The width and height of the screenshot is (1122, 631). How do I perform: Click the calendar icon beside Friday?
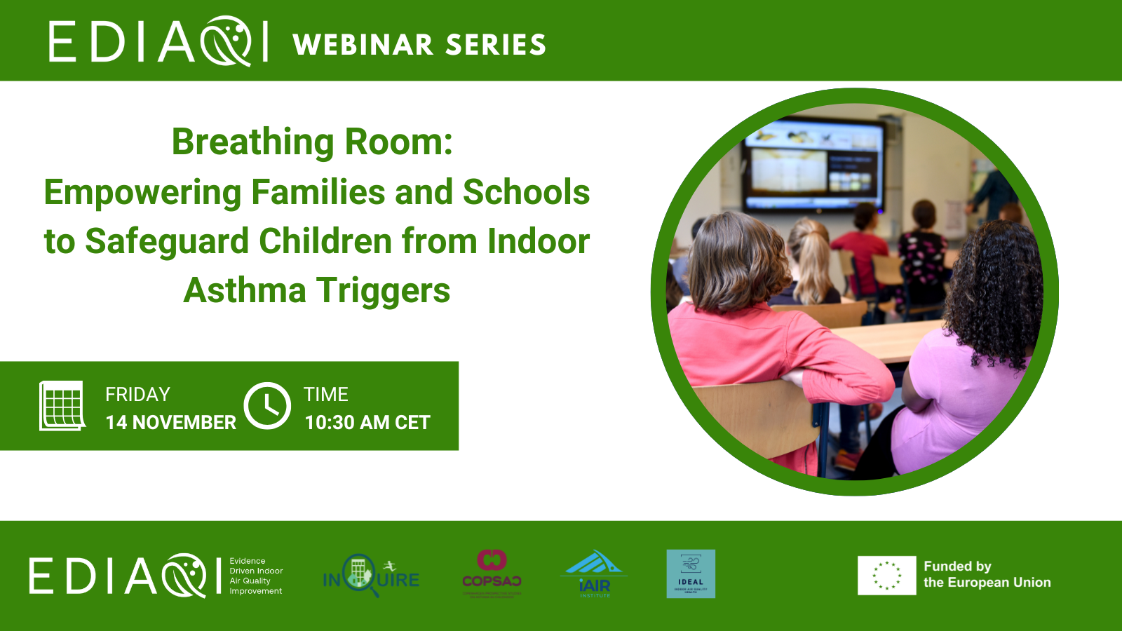coord(62,405)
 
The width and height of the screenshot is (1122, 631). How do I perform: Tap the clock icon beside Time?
coord(267,405)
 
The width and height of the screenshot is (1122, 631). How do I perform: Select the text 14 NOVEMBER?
coord(170,422)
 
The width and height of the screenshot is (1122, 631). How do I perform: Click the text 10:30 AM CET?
coord(367,422)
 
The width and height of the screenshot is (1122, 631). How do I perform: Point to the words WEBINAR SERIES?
coord(419,45)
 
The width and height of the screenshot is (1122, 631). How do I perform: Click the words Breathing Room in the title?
coord(312,142)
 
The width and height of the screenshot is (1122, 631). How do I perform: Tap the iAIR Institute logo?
coord(594,574)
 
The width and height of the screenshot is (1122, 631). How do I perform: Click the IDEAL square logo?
coord(691,574)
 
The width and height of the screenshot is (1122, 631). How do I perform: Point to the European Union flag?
coord(886,575)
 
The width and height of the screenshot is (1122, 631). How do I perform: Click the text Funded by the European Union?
coord(987,574)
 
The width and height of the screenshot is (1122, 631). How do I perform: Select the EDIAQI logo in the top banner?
coord(158,42)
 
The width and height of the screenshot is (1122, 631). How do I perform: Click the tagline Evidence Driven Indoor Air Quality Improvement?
coord(256,576)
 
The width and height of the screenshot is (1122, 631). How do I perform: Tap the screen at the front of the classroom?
coord(813,165)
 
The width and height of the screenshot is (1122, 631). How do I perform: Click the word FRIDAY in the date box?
coord(137,394)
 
